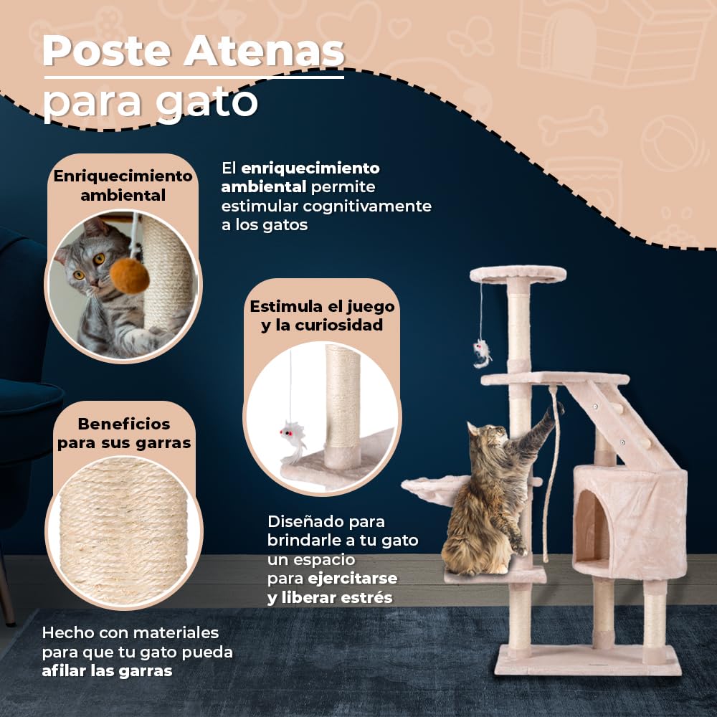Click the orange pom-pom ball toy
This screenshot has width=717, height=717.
coord(130,275)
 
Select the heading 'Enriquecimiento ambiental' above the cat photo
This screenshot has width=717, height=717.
coord(123,185)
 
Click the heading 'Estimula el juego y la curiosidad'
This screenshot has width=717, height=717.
coord(322,315)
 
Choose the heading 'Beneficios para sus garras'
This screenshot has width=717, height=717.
coord(124,433)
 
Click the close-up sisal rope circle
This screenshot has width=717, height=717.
coord(123,531)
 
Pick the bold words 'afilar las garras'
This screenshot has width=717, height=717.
coord(107,671)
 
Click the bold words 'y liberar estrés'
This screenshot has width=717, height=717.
coord(330,597)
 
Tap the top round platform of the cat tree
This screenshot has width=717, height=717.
coord(518,273)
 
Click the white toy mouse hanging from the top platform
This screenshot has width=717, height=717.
coord(481,352)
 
